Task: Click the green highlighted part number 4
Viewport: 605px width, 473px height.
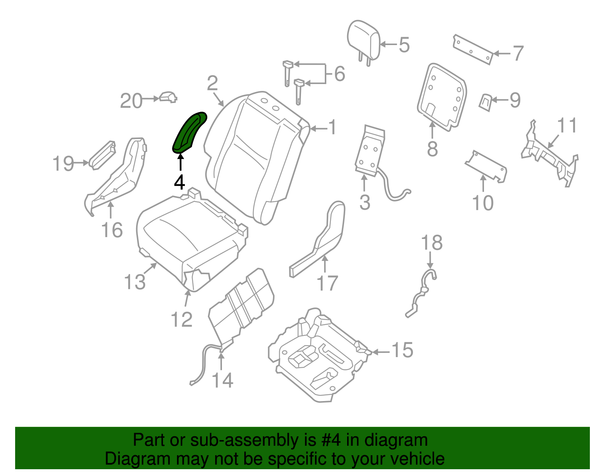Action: click(189, 133)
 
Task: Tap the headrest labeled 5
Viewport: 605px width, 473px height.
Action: click(363, 40)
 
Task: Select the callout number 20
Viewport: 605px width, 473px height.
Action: click(131, 101)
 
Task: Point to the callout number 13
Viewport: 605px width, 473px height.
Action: click(135, 282)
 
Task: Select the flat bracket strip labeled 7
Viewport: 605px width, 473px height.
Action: click(473, 49)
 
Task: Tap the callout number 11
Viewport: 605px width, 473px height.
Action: click(567, 125)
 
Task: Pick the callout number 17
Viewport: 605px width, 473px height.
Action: click(327, 283)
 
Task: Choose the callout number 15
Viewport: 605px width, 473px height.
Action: click(402, 350)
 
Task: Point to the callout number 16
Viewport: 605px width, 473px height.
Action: click(112, 230)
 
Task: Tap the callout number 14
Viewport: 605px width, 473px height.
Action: click(222, 380)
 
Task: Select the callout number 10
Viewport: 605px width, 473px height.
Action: click(483, 203)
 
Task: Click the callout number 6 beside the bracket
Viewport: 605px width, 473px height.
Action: click(340, 74)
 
